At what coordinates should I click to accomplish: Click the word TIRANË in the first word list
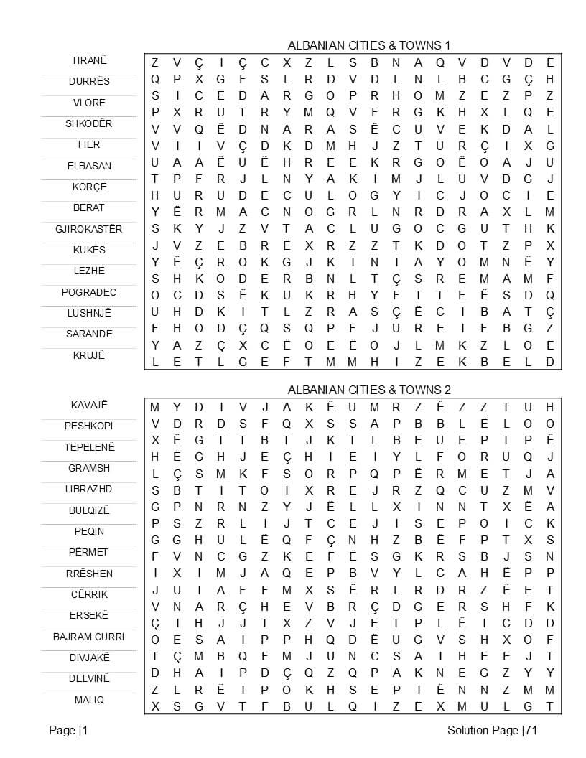click(89, 60)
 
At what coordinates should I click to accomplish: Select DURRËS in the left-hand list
click(89, 81)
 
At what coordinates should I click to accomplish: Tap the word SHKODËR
click(89, 123)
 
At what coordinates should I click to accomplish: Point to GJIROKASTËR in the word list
click(89, 229)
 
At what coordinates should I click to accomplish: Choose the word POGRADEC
click(89, 292)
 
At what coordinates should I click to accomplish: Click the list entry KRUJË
click(89, 355)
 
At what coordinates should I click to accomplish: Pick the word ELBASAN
click(89, 166)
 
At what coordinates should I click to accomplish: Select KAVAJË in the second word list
click(89, 405)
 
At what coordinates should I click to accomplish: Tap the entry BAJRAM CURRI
click(89, 637)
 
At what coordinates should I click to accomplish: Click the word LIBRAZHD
click(89, 489)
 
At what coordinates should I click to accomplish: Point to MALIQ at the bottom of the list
click(89, 700)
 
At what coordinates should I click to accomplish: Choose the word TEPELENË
click(89, 447)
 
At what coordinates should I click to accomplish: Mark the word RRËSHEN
click(89, 574)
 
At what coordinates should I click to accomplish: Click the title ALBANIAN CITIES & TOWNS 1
click(369, 45)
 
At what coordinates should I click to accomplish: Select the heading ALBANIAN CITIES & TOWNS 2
click(369, 390)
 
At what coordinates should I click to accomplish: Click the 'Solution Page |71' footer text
click(492, 731)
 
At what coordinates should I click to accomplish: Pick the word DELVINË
click(89, 678)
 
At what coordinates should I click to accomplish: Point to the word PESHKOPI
click(89, 426)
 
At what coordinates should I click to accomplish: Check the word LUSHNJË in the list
click(89, 313)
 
